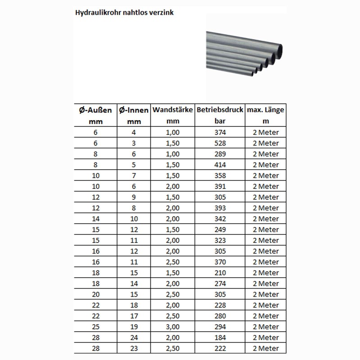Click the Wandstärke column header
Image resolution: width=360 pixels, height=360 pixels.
coord(173,110)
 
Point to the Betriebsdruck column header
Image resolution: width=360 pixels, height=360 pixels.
coord(220,110)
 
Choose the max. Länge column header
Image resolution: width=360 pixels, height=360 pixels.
coord(265,110)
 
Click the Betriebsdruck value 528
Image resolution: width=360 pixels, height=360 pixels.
coord(220,143)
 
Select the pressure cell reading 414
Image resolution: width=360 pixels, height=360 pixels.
coord(220,165)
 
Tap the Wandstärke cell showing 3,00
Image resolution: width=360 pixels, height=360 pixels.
coord(173,327)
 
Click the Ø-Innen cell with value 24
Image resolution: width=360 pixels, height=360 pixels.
coord(133,337)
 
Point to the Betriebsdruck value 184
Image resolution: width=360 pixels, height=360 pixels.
coord(220,337)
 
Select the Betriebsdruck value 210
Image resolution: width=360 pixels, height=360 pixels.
coord(220,273)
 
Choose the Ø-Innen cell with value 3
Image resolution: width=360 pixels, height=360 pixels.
coord(133,143)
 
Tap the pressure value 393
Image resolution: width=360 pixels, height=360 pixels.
coord(220,208)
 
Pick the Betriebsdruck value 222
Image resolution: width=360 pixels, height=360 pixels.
coord(220,348)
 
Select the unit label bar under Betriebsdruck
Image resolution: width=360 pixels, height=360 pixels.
coord(220,121)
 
